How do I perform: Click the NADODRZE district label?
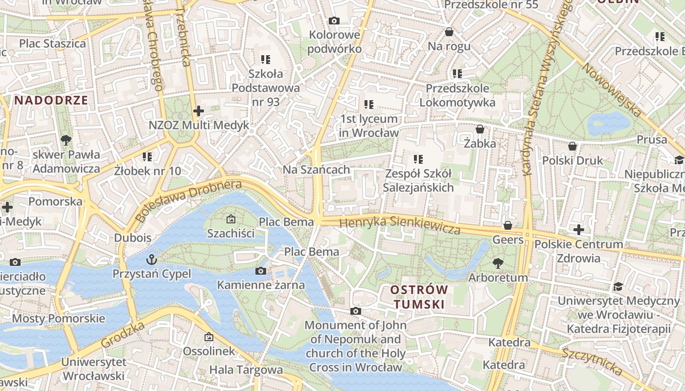click(51, 101)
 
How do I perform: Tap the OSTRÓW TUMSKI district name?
click(419, 297)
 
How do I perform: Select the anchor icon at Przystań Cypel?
click(152, 259)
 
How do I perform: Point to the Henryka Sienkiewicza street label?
click(400, 225)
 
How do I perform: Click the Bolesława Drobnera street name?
click(189, 201)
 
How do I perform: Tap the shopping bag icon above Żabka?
click(480, 129)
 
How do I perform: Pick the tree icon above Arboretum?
click(498, 263)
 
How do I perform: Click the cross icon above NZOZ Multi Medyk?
click(198, 111)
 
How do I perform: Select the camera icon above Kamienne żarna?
click(261, 271)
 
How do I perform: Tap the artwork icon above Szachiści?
click(231, 219)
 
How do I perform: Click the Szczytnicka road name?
click(592, 362)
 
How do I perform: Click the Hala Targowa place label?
click(246, 370)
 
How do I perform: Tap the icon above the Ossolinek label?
click(209, 337)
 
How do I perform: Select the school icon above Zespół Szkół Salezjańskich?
click(418, 159)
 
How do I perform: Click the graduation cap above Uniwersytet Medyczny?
click(618, 286)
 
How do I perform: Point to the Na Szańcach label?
click(317, 170)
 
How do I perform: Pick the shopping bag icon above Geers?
click(508, 225)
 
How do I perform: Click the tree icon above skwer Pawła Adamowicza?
click(66, 140)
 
